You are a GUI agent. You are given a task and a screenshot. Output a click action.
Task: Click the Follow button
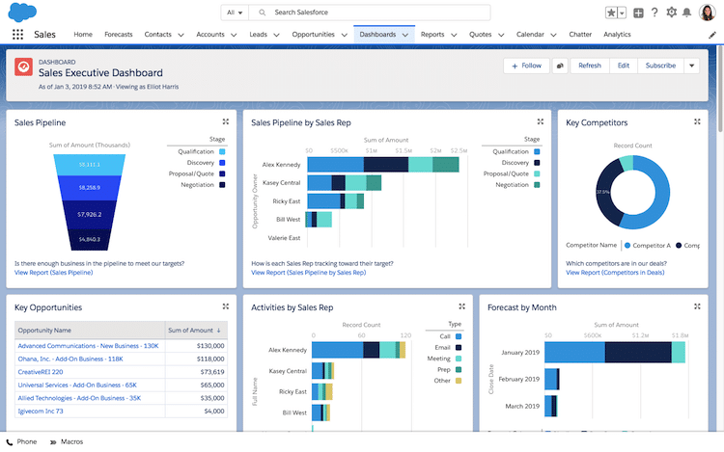pyautogui.click(x=525, y=66)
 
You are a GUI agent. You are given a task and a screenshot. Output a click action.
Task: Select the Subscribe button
pyautogui.click(x=660, y=66)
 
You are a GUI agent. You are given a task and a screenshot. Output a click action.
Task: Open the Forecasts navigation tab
pyautogui.click(x=118, y=35)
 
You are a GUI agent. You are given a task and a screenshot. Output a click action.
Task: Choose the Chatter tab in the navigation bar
pyautogui.click(x=579, y=35)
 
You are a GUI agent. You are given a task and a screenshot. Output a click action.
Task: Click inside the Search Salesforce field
pyautogui.click(x=376, y=13)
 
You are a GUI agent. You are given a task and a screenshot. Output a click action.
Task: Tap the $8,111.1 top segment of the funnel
pyautogui.click(x=88, y=165)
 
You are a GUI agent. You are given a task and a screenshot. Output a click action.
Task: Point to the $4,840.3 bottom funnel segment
pyautogui.click(x=88, y=238)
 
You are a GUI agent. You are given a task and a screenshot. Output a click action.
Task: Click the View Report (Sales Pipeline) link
pyautogui.click(x=54, y=273)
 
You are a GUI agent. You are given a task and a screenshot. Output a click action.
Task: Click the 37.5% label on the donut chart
pyautogui.click(x=602, y=192)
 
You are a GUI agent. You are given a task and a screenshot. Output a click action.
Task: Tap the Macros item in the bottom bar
pyautogui.click(x=70, y=441)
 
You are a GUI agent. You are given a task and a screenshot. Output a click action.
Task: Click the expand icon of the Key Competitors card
pyautogui.click(x=697, y=121)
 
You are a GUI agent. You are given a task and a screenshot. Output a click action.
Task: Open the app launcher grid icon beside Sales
pyautogui.click(x=17, y=35)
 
